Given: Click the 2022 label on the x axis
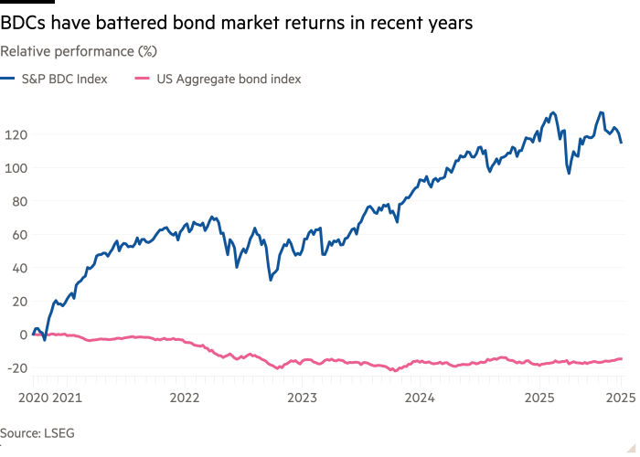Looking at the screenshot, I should (184, 398).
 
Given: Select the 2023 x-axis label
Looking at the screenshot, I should (302, 398).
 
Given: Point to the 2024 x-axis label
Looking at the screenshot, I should (420, 398).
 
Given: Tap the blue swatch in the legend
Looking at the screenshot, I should (9, 80).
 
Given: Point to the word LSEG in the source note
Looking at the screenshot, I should (56, 434).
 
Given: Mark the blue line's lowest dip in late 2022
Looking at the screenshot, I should (271, 278).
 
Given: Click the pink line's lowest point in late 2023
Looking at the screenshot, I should (394, 371).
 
